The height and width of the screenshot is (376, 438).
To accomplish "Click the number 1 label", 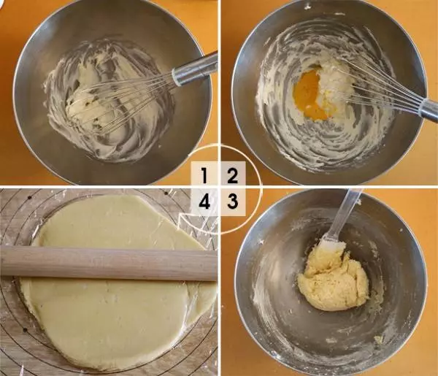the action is click(204, 176).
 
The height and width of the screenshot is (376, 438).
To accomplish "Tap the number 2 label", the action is click(232, 176).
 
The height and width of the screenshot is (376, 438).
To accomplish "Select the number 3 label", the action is click(232, 202).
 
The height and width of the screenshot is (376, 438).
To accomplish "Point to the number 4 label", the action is click(204, 202).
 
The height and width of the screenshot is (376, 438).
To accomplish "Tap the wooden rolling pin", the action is click(109, 264).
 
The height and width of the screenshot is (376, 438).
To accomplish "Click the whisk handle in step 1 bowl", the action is click(195, 69).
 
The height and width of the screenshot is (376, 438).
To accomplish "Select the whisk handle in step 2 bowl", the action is click(428, 110).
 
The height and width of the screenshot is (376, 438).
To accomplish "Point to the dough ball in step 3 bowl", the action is click(334, 282).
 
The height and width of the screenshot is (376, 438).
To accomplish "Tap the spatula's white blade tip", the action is click(332, 245).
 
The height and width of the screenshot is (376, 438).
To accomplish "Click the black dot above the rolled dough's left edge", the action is click(29, 198).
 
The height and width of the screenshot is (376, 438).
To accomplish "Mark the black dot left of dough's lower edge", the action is click(25, 330).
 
